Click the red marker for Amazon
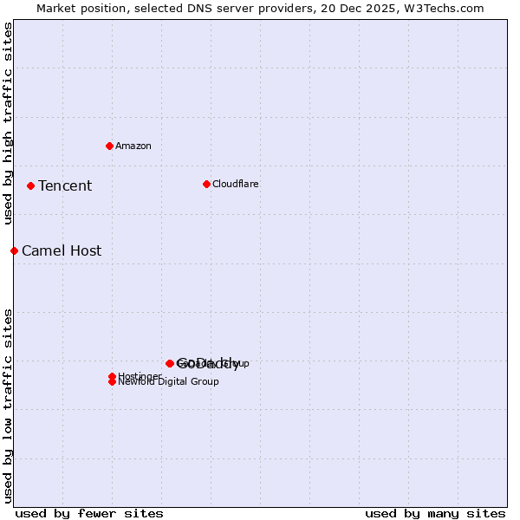click(x=109, y=146)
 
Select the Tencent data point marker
click(x=30, y=185)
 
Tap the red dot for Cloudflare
click(x=206, y=184)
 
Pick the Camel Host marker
click(x=14, y=250)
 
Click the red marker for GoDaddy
click(x=170, y=363)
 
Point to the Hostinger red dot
click(x=112, y=376)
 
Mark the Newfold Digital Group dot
click(x=112, y=381)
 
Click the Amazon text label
click(x=133, y=146)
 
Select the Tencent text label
click(x=65, y=185)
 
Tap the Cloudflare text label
click(x=236, y=184)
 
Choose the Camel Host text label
click(x=62, y=250)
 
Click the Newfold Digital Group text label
click(x=169, y=382)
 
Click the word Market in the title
click(x=55, y=8)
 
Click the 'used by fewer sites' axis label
click(x=89, y=513)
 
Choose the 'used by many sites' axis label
click(x=435, y=513)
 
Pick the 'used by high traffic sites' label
click(x=8, y=123)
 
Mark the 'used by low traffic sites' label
click(x=8, y=405)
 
